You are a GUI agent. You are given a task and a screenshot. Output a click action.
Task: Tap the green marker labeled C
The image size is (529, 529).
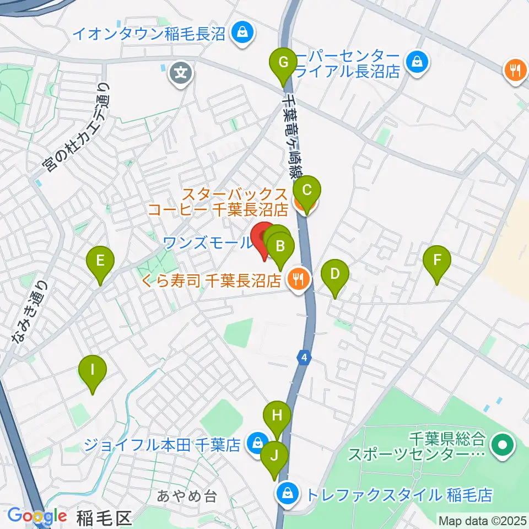(307, 191)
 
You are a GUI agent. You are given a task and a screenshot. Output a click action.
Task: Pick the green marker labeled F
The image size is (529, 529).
(438, 260)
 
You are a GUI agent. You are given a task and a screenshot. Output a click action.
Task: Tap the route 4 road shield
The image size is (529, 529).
(304, 358)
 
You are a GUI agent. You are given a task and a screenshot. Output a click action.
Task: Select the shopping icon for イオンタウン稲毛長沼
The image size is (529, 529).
(241, 34)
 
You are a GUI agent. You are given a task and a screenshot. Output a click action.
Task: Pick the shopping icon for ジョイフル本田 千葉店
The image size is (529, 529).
(256, 442)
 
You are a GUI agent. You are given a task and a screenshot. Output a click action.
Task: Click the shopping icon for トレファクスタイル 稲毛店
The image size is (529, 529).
(288, 492)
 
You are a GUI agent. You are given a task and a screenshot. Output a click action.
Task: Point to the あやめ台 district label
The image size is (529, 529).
(187, 496)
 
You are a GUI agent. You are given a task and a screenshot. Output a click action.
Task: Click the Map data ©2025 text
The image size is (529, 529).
(482, 520)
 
